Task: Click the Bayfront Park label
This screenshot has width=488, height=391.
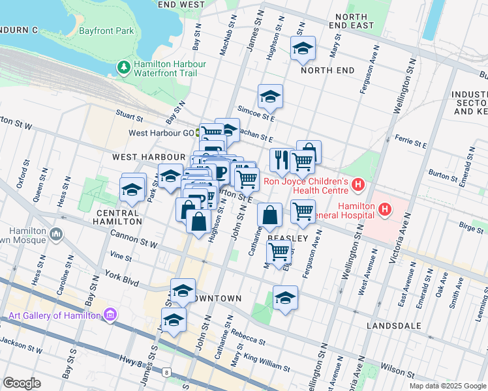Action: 106,31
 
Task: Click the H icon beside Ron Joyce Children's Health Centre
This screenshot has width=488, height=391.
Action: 358,186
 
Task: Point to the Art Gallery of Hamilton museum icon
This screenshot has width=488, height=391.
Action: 110,315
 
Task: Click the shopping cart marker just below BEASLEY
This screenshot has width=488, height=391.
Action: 279,251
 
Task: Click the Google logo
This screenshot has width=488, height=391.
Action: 22,383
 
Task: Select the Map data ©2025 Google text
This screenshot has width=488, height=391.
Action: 448,386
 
